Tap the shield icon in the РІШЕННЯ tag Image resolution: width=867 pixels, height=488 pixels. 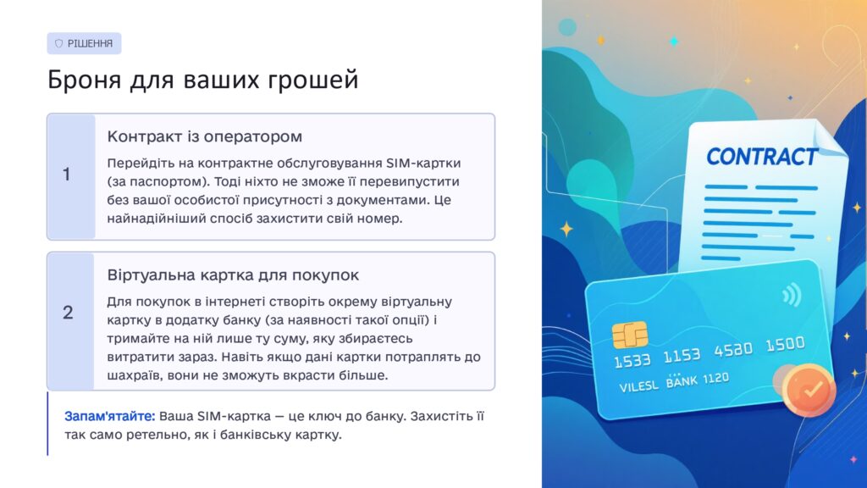coord(58,44)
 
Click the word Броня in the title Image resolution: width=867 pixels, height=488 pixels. coord(84,80)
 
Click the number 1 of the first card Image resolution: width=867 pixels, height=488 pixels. coord(66,175)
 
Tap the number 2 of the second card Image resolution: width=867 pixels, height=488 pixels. coord(68,313)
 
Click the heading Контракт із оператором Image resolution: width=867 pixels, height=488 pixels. coord(205,136)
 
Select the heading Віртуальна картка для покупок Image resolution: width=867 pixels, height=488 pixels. coord(233,275)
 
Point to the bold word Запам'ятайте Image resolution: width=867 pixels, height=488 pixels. coord(109,416)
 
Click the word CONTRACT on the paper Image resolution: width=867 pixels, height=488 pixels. coord(762,157)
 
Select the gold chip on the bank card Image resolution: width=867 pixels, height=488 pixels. coord(630,335)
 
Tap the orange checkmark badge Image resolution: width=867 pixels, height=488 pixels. coord(809,390)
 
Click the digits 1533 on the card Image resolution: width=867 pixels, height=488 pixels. coord(632,361)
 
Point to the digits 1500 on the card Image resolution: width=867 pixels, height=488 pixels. coord(785,344)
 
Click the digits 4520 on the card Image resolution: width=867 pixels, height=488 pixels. coord(733,350)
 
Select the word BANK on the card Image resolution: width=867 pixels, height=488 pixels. coord(682,381)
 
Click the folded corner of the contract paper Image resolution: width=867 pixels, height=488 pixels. coord(830,138)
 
